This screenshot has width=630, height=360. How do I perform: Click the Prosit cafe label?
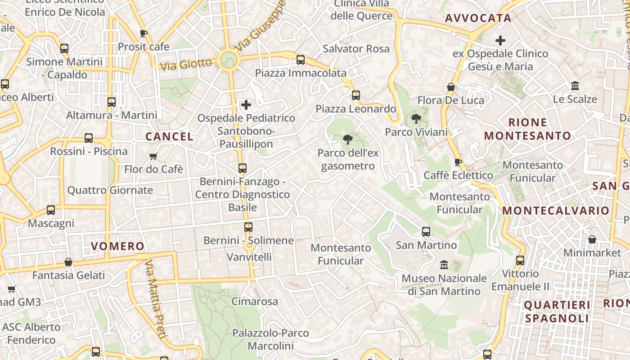144,47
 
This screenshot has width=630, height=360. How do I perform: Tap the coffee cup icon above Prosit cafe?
144,33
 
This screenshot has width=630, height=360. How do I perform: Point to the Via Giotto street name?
186,64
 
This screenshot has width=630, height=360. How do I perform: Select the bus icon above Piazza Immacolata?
301,59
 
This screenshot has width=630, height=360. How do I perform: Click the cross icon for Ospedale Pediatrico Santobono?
246,105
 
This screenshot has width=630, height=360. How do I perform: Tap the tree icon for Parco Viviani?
416,119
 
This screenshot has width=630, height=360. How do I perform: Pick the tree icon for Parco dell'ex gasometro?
347,139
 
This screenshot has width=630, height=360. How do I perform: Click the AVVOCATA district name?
478,18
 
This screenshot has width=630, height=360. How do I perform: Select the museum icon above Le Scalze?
575,85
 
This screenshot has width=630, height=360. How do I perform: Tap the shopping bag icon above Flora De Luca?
451,87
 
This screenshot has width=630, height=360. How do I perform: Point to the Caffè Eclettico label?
459,175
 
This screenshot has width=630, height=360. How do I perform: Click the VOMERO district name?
117,246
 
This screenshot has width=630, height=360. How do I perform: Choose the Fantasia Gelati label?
68,275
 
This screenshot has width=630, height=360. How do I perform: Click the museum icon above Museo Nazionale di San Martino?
444,265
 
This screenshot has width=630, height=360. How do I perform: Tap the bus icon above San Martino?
426,232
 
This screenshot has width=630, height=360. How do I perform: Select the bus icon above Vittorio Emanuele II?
520,260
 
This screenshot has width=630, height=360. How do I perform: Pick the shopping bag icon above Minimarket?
592,239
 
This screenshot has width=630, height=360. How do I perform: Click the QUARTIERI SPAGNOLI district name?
557,312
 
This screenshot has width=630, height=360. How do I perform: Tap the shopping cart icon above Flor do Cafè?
153,156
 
